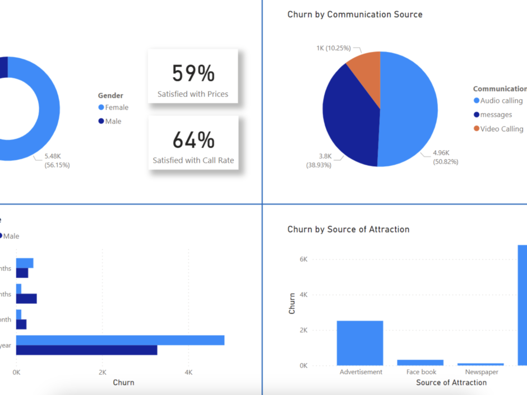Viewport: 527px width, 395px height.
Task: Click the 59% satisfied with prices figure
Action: tap(193, 73)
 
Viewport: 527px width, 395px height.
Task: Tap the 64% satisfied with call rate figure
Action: tap(193, 140)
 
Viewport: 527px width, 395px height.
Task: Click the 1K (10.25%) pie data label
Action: tap(335, 48)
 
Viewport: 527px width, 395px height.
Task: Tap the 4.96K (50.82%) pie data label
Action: tap(445, 157)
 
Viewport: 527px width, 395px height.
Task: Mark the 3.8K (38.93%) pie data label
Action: tap(318, 161)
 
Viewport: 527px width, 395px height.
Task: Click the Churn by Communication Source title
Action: tap(355, 15)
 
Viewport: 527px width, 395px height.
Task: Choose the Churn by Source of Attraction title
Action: tap(348, 229)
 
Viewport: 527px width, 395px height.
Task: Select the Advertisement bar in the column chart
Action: tap(360, 343)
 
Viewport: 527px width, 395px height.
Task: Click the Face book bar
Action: tap(420, 363)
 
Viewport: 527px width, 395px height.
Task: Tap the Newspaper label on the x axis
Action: tap(480, 372)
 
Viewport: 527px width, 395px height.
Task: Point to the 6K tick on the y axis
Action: tap(303, 259)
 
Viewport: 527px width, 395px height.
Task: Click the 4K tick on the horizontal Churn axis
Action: tap(188, 372)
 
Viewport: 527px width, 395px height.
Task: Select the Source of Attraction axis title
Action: tap(451, 383)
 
